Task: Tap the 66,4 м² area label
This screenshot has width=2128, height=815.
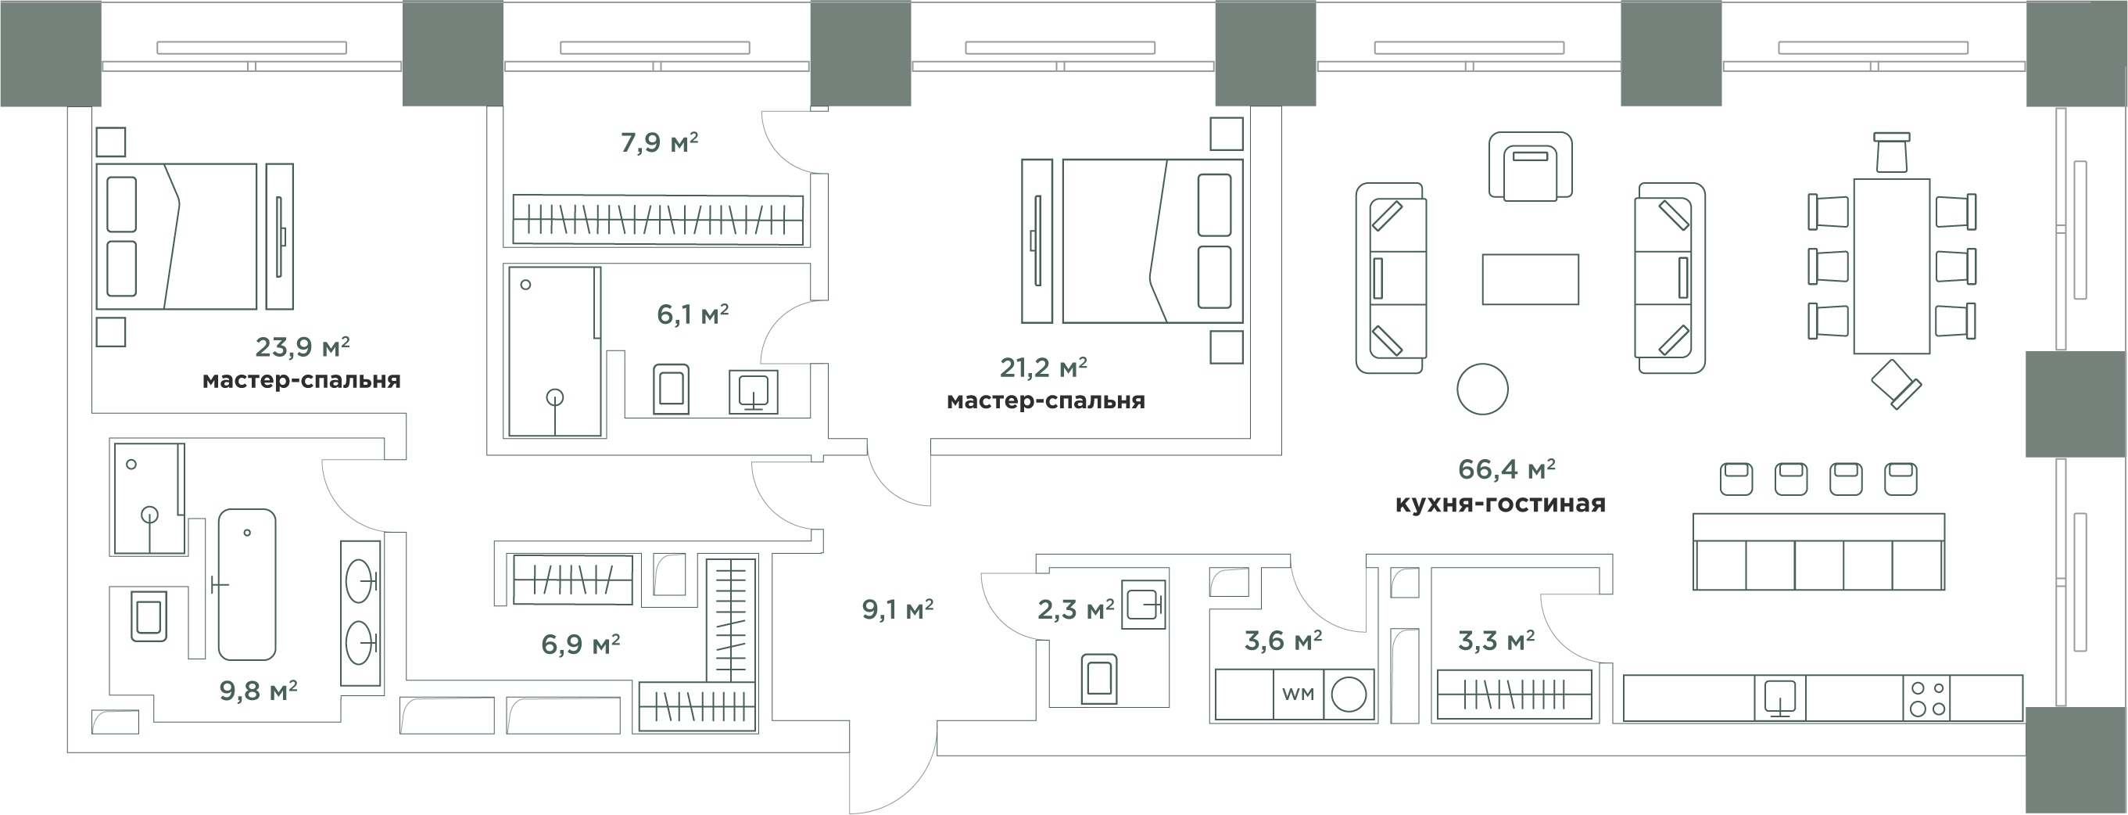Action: pos(1506,469)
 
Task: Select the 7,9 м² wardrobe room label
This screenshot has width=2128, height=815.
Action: pos(659,143)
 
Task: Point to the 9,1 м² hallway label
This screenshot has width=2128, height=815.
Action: pos(897,610)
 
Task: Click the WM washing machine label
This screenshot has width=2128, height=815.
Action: pos(1298,695)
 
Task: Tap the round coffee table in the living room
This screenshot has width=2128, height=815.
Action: pos(1482,389)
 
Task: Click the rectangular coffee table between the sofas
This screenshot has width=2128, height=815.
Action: pos(1530,279)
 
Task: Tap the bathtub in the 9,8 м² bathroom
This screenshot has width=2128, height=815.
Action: pos(246,583)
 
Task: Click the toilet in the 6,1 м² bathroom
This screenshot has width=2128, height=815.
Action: pos(671,390)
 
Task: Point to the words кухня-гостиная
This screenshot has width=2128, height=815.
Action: pos(1500,504)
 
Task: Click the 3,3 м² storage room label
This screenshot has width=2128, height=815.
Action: pos(1496,641)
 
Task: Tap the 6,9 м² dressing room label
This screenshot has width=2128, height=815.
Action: pos(581,644)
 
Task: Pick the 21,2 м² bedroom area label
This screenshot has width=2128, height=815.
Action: pos(1044,367)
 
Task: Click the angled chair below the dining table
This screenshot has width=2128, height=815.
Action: pos(1895,384)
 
